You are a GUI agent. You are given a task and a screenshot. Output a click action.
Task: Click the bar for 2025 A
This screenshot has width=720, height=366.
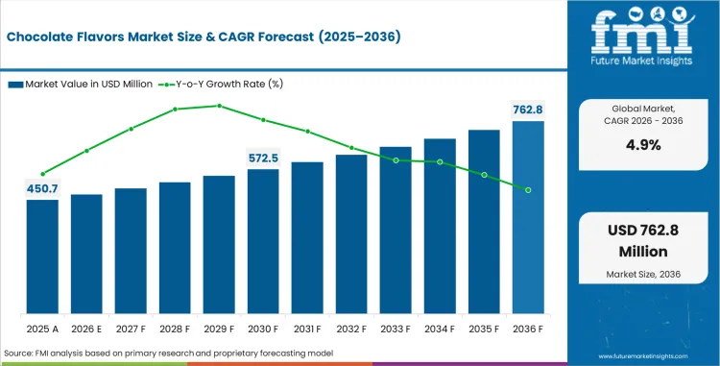pyautogui.click(x=42, y=257)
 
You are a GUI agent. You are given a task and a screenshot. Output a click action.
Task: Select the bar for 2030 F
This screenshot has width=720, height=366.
pyautogui.click(x=263, y=242)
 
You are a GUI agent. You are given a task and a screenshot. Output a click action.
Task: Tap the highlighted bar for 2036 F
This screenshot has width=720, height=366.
pyautogui.click(x=528, y=218)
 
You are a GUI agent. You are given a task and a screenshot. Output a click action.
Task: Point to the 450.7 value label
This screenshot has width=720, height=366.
pyautogui.click(x=42, y=188)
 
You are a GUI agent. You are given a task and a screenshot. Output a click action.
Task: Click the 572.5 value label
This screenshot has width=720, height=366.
pyautogui.click(x=263, y=158)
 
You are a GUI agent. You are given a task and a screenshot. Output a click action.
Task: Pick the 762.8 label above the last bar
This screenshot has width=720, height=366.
pyautogui.click(x=528, y=110)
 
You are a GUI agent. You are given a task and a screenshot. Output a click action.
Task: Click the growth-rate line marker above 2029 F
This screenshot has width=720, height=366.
pyautogui.click(x=219, y=106)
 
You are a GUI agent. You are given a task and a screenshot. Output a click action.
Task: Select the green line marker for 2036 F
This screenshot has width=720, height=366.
pyautogui.click(x=528, y=190)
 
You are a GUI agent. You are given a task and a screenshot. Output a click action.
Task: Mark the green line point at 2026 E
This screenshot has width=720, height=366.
pyautogui.click(x=86, y=150)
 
